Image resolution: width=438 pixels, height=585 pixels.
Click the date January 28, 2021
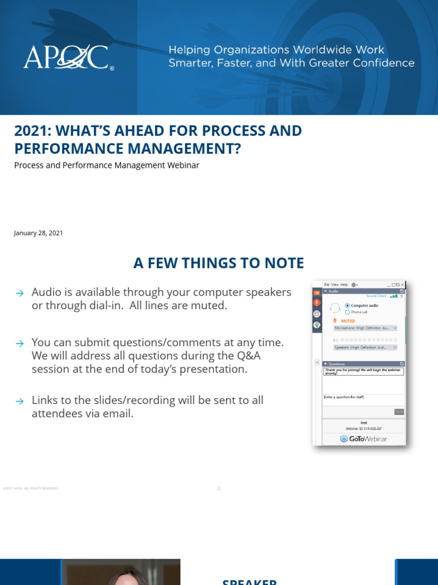coord(38,233)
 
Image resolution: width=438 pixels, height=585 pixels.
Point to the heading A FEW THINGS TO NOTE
coord(218,263)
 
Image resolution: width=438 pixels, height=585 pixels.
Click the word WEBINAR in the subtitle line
coord(185,165)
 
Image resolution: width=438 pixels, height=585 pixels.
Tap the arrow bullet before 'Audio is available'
coord(19,293)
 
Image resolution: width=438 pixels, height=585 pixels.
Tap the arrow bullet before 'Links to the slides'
coord(19,401)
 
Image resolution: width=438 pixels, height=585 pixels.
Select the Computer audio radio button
coord(348,306)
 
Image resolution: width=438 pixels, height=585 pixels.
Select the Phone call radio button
coord(348,312)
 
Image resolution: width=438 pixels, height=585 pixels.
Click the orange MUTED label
coord(347,321)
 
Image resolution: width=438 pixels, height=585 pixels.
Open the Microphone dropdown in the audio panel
coord(365,328)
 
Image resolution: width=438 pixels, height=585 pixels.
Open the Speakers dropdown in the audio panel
coord(365,347)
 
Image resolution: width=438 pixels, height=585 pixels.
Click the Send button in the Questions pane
coord(399,411)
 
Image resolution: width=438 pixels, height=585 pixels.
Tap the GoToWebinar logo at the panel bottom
coord(363,438)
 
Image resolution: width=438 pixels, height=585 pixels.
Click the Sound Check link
coord(376,296)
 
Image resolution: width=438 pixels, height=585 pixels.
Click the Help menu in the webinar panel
coord(344,285)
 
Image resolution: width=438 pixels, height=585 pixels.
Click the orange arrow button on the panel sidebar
coord(317,291)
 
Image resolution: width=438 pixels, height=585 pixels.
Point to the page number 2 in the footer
coord(218,488)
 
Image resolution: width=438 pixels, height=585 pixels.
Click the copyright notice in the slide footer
coord(31,488)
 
